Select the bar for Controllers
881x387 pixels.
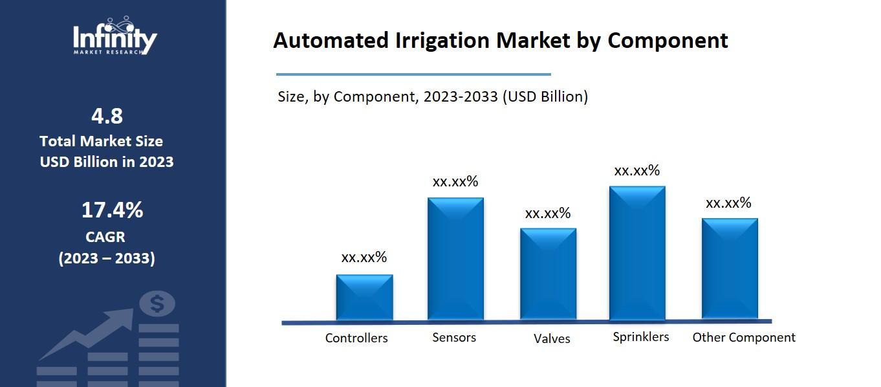pyautogui.click(x=364, y=297)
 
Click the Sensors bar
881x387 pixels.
pyautogui.click(x=455, y=258)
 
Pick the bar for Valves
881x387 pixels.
pyautogui.click(x=548, y=274)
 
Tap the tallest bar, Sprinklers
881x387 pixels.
pyautogui.click(x=637, y=253)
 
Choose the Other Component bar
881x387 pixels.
pyautogui.click(x=730, y=269)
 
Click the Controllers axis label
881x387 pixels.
pyautogui.click(x=356, y=338)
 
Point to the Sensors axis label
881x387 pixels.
pyautogui.click(x=454, y=337)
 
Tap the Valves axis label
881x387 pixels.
pyautogui.click(x=552, y=338)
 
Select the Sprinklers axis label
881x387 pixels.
pyautogui.click(x=641, y=337)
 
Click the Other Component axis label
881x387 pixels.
pyautogui.click(x=744, y=337)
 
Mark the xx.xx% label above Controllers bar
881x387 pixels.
pyautogui.click(x=364, y=257)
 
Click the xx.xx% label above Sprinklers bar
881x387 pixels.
pyautogui.click(x=637, y=170)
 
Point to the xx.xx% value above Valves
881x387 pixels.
pyautogui.click(x=548, y=213)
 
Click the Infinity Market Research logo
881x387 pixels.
pyautogui.click(x=114, y=37)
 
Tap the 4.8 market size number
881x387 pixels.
pyautogui.click(x=107, y=116)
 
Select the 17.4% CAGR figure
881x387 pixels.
pyautogui.click(x=112, y=210)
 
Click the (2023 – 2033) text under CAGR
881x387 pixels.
pyautogui.click(x=107, y=258)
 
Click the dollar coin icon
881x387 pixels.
pyautogui.click(x=157, y=303)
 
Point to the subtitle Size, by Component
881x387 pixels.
pyautogui.click(x=343, y=97)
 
